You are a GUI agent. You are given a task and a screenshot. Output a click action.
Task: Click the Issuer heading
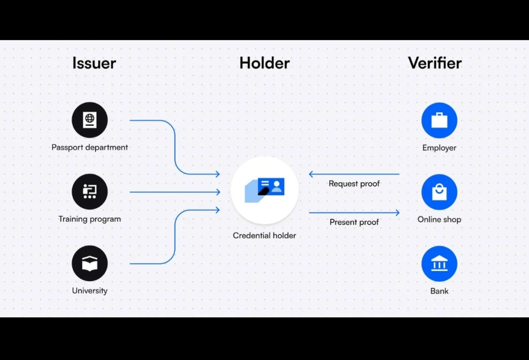(x=94, y=63)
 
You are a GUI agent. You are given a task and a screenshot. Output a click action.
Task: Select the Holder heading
(x=264, y=63)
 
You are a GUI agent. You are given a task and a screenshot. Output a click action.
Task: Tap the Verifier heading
(x=434, y=63)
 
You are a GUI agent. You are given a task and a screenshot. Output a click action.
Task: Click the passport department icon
(x=90, y=120)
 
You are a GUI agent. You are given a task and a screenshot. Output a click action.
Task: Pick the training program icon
(x=90, y=192)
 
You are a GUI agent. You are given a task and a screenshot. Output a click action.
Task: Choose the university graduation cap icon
(x=90, y=264)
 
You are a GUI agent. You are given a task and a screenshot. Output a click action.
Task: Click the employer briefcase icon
(x=439, y=120)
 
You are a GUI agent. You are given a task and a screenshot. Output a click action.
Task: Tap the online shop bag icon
(x=439, y=192)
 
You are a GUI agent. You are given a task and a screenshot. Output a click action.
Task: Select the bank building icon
(x=439, y=264)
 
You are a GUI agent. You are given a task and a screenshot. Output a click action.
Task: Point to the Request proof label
(x=354, y=184)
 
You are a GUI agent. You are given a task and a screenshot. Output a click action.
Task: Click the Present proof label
(x=354, y=222)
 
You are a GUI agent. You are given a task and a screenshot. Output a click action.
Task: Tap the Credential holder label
(x=264, y=236)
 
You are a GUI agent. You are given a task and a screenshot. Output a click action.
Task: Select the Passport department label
(x=90, y=147)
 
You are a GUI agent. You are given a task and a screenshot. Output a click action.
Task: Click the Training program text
(x=90, y=219)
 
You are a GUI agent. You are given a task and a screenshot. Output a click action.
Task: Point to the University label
(x=90, y=290)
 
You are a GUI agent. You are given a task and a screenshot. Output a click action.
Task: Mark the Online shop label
(x=439, y=219)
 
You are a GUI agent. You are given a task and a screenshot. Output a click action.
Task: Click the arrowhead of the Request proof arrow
(x=311, y=174)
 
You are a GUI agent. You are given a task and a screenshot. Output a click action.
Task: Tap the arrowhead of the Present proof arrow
(x=397, y=213)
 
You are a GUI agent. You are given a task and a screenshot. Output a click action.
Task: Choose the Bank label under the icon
(x=439, y=291)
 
